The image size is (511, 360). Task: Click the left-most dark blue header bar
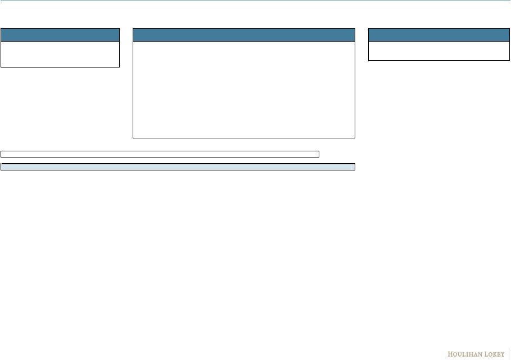point(60,35)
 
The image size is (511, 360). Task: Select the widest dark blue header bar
point(244,35)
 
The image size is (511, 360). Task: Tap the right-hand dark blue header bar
point(439,35)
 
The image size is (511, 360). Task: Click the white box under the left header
point(60,54)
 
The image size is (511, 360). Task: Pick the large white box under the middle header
point(244,89)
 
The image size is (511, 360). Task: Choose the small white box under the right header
point(439,51)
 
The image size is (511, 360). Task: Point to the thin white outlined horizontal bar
point(160,154)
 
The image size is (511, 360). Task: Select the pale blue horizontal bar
point(178,166)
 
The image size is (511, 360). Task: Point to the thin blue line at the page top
point(255,1)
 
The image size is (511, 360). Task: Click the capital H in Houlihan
point(450,354)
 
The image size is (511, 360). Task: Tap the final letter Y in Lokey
point(503,354)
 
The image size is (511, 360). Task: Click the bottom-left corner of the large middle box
point(133,137)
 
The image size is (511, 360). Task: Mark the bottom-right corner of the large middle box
point(355,137)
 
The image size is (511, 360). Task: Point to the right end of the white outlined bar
point(318,154)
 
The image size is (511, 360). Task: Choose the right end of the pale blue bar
point(354,166)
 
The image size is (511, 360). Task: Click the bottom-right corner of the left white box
point(119,67)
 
